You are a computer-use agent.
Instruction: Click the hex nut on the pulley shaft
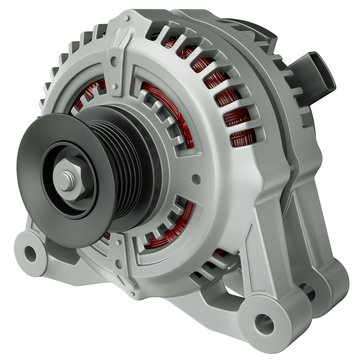click(x=66, y=180)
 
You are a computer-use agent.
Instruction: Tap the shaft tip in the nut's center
click(x=66, y=181)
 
